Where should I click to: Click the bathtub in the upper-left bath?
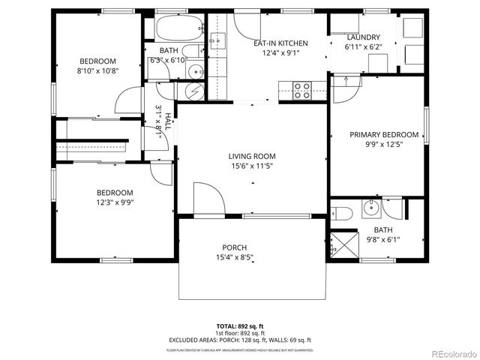pyautogui.click(x=178, y=27)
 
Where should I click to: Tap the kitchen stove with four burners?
pyautogui.click(x=302, y=90)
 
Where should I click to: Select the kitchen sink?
pyautogui.click(x=218, y=40)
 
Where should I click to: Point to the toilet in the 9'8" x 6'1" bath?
pyautogui.click(x=342, y=211)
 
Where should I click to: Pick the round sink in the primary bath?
pyautogui.click(x=370, y=208)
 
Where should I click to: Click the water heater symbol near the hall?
pyautogui.click(x=193, y=90)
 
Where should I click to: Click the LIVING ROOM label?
pyautogui.click(x=252, y=156)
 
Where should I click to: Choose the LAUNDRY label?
pyautogui.click(x=363, y=37)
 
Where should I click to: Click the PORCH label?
pyautogui.click(x=234, y=247)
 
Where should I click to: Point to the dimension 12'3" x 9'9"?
pyautogui.click(x=114, y=201)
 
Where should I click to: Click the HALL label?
pyautogui.click(x=168, y=121)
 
